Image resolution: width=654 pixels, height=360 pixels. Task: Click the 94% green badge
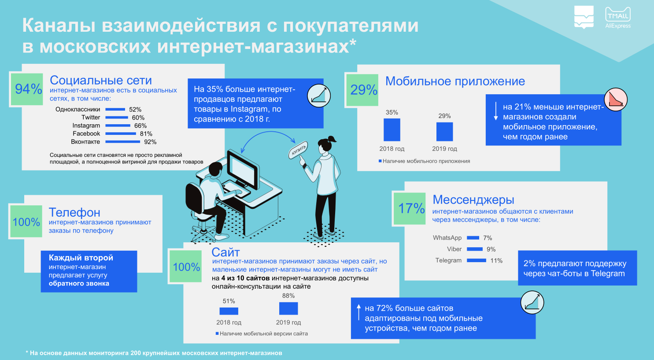(27, 89)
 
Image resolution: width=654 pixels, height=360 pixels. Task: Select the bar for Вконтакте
(122, 142)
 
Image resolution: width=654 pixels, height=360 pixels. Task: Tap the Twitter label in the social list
(91, 118)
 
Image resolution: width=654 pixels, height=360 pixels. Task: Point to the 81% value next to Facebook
(146, 134)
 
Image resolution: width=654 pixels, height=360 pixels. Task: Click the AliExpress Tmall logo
(618, 18)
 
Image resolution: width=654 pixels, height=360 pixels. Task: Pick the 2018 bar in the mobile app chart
(392, 130)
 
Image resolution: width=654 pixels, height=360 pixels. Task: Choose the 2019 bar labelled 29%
(445, 132)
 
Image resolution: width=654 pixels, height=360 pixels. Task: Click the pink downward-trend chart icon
(616, 100)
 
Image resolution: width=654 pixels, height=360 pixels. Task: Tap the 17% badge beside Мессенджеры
(410, 208)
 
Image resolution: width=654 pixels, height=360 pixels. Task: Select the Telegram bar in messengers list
(477, 260)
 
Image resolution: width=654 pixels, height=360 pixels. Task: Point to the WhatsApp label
(447, 238)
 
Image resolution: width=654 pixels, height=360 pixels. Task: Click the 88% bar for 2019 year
(288, 308)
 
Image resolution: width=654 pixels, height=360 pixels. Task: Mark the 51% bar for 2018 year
(229, 311)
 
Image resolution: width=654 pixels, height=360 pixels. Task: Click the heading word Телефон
(74, 212)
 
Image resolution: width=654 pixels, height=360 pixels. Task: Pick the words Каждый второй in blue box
(81, 258)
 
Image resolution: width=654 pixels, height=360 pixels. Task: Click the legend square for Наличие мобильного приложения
(380, 161)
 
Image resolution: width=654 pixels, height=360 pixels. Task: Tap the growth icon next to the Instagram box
(319, 96)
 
